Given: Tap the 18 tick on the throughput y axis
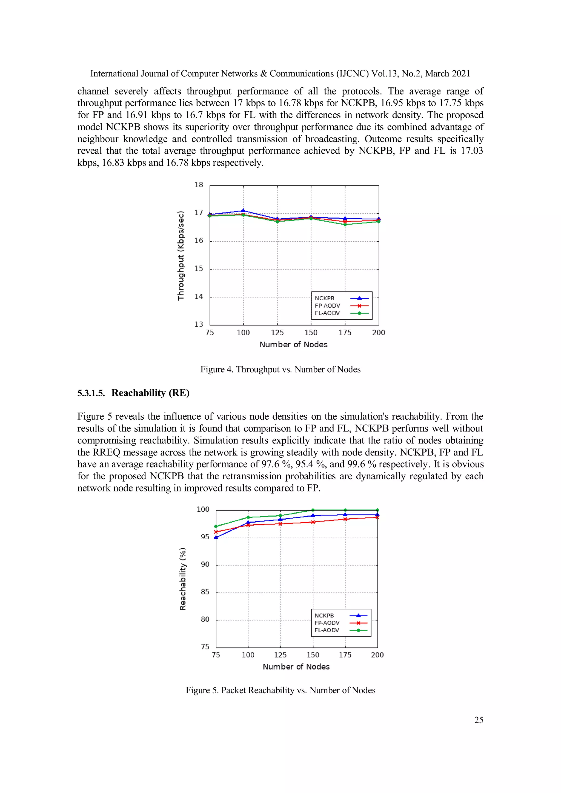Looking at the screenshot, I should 199,185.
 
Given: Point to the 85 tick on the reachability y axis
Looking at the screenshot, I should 205,592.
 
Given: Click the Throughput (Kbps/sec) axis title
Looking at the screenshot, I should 181,256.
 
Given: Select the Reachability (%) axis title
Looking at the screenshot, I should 183,579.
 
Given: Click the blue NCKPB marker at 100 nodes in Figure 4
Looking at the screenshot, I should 243,210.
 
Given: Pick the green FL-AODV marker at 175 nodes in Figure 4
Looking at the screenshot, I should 345,225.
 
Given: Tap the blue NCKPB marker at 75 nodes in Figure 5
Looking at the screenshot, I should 216,537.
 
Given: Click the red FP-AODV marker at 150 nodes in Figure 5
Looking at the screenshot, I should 313,522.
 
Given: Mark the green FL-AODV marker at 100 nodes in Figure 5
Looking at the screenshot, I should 248,517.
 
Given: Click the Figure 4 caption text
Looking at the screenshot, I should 280,369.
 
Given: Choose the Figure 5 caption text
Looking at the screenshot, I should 280,690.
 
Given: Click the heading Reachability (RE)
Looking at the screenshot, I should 150,393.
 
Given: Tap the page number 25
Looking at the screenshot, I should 479,720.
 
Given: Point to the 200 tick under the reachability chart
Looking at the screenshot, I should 377,655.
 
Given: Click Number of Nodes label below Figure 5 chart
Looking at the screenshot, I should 296,667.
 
